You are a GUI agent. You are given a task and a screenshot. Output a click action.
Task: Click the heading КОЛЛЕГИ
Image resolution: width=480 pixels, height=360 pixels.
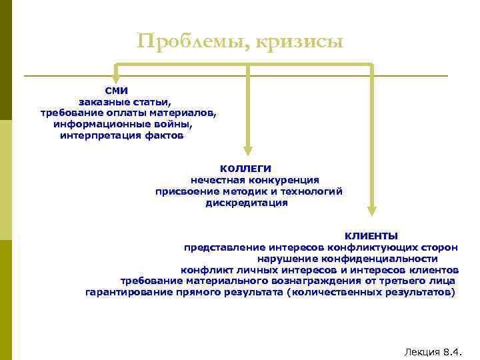point(246,169)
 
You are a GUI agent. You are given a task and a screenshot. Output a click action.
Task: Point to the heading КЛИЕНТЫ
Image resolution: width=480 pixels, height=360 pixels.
point(371,236)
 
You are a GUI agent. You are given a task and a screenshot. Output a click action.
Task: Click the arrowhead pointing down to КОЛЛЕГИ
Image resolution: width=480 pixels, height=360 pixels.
point(248,150)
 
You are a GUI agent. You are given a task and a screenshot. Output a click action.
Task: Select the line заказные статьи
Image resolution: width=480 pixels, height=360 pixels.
point(125,102)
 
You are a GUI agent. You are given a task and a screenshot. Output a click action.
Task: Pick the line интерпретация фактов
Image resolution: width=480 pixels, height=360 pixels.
point(121,136)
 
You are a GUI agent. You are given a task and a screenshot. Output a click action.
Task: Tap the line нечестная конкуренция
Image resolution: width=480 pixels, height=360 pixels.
point(255,180)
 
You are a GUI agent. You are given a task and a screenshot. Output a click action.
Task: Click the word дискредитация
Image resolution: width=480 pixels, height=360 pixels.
point(247,203)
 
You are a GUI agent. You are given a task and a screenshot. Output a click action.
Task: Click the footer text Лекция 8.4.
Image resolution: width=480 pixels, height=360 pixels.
point(433,351)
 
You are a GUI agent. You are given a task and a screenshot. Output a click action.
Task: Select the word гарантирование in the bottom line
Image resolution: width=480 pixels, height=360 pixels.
point(125,293)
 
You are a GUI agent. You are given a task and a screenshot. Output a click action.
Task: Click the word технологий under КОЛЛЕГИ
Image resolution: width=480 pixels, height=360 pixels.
point(311,191)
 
